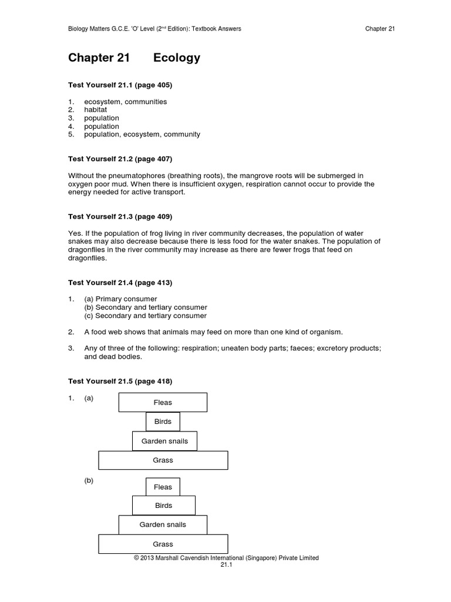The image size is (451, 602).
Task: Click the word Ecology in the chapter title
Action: (177, 58)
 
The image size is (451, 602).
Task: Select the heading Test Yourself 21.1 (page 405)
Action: (120, 85)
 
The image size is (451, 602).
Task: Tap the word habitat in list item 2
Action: (96, 110)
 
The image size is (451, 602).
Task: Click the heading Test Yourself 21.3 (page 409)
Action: (120, 216)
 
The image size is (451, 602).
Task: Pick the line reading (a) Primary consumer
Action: (120, 299)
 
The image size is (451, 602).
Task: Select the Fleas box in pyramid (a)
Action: (163, 403)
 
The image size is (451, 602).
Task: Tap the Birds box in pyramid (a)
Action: (163, 422)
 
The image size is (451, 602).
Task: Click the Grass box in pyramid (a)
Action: (163, 460)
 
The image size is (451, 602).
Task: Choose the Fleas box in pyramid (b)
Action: (163, 487)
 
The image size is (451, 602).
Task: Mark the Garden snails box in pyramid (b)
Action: (163, 524)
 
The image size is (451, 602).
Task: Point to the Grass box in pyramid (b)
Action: (163, 544)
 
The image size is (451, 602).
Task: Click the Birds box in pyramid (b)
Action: (163, 506)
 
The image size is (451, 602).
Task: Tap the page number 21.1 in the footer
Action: (227, 565)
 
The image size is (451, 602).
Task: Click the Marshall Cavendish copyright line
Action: (227, 558)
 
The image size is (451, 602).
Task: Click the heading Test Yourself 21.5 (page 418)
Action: (120, 382)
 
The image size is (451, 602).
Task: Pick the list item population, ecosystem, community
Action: (142, 135)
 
